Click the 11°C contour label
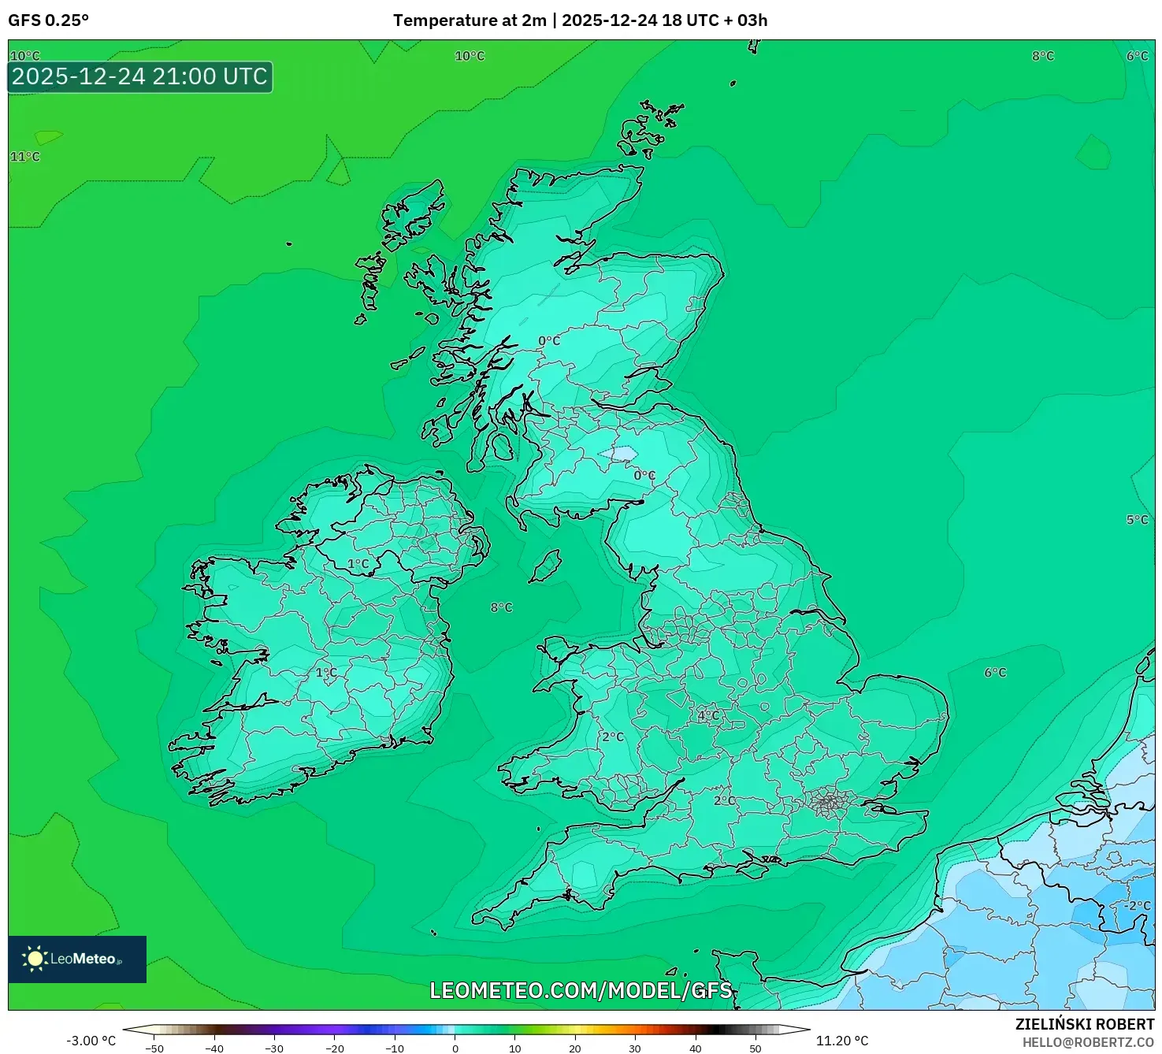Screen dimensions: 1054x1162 pos(24,157)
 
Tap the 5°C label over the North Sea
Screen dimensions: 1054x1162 pos(1137,520)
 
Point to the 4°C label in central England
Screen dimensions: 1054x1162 pos(708,715)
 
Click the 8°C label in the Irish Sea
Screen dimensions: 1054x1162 pos(501,607)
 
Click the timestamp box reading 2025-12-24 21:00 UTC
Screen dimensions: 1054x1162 pos(140,77)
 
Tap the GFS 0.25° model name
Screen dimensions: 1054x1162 pos(48,20)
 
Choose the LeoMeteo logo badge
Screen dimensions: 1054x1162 pos(77,959)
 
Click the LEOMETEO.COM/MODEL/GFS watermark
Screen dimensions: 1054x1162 pos(581,990)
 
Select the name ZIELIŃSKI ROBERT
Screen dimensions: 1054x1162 pos(1084,1024)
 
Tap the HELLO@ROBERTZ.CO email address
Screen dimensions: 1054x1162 pos(1088,1042)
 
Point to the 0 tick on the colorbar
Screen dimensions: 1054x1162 pos(455,1048)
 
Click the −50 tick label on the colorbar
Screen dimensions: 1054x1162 pos(154,1048)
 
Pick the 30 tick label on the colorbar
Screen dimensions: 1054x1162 pos(635,1048)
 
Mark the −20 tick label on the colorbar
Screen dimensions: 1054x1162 pos(334,1048)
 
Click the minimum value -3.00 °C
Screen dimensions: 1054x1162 pos(91,1041)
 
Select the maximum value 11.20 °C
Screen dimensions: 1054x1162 pos(841,1041)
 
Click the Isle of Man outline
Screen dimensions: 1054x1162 pos(544,566)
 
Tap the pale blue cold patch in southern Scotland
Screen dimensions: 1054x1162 pos(620,454)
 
